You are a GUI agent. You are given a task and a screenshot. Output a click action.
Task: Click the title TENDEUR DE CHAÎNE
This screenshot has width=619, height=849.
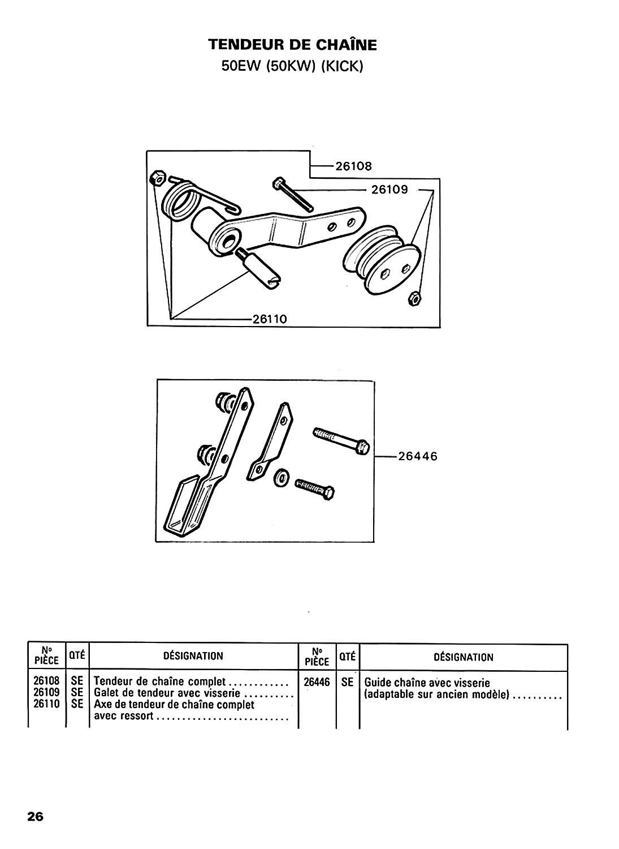tap(292, 45)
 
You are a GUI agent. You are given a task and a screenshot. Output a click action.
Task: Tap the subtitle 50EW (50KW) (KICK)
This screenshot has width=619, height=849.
tap(292, 67)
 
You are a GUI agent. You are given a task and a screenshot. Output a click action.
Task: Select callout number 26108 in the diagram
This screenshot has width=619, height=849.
tap(354, 166)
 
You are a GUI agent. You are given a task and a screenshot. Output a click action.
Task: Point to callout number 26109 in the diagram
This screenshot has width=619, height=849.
tap(389, 190)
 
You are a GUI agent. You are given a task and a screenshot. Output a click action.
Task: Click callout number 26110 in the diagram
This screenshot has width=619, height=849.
tap(270, 319)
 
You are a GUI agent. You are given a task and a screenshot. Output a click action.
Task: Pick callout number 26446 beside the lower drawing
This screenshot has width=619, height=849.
tap(418, 456)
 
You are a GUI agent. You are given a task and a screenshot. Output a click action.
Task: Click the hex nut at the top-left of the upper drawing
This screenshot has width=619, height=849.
tap(157, 177)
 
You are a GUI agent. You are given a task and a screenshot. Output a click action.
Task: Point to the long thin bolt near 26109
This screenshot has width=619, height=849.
tap(293, 194)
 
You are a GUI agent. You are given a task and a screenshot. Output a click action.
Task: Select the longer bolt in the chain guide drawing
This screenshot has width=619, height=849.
tap(341, 441)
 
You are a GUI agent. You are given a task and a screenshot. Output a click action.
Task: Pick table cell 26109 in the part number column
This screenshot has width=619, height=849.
tap(46, 692)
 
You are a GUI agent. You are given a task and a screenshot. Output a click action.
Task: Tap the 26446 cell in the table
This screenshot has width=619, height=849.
tap(317, 682)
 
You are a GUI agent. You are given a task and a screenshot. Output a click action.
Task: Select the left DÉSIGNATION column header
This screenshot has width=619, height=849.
tap(193, 655)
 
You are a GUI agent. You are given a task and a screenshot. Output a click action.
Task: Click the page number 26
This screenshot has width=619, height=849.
tap(35, 816)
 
